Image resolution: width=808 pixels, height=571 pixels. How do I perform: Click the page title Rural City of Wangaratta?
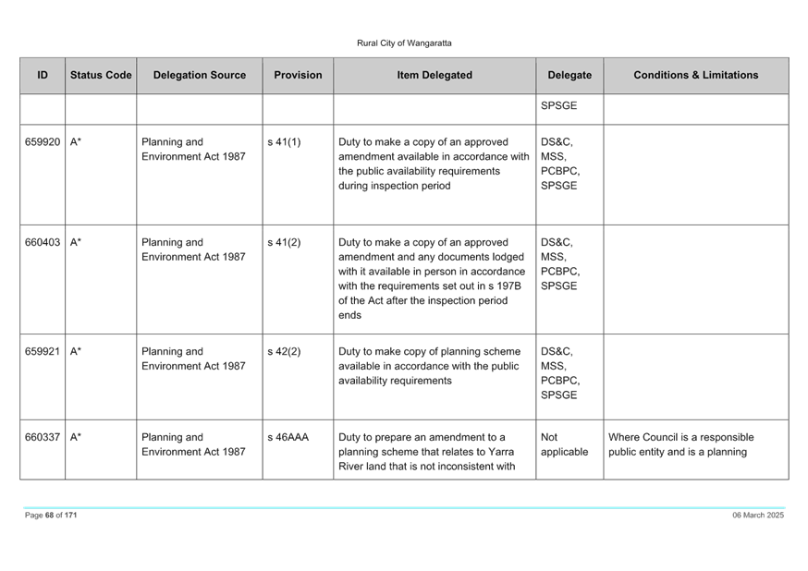click(x=404, y=43)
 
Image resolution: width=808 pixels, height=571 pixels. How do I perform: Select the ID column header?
click(x=43, y=75)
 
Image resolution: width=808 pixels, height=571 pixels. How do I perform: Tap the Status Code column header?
click(x=101, y=75)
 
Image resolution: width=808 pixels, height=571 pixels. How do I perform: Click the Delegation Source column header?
click(x=200, y=75)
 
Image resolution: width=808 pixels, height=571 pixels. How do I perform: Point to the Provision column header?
click(x=298, y=75)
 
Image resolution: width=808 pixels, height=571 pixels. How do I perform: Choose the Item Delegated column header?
click(x=435, y=75)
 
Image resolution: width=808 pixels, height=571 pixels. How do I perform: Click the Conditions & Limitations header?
click(x=695, y=75)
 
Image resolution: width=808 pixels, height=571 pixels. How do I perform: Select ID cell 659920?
click(x=43, y=142)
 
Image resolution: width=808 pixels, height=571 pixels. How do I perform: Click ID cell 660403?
click(x=43, y=242)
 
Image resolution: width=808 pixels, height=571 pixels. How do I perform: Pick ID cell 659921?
click(x=43, y=352)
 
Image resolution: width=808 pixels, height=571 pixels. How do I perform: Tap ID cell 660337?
click(x=43, y=438)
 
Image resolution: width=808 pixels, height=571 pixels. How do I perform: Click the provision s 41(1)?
click(x=284, y=142)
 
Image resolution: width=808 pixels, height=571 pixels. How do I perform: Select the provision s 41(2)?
click(x=284, y=242)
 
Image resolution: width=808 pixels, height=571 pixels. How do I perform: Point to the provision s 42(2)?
click(x=284, y=352)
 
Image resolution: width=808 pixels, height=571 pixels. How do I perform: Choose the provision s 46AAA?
click(x=288, y=438)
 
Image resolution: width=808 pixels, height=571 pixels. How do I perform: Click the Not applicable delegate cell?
click(x=564, y=444)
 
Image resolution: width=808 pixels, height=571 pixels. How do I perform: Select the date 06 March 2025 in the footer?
click(x=758, y=516)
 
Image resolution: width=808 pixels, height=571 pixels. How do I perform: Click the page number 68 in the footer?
click(x=50, y=516)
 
